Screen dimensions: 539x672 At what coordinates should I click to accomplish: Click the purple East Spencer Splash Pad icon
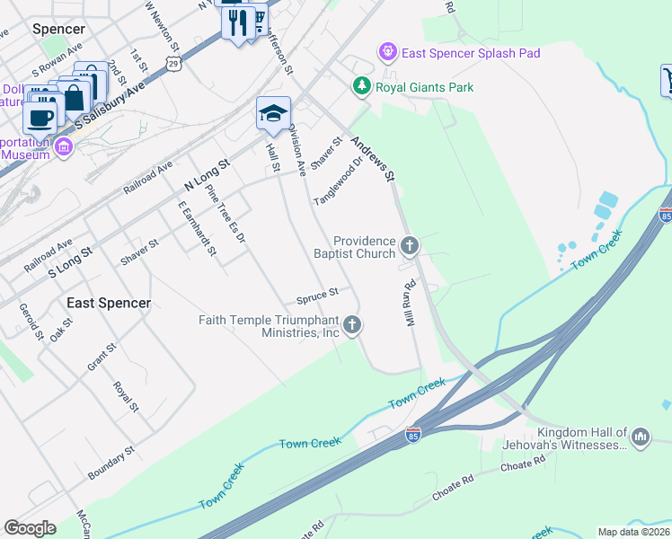tap(388, 53)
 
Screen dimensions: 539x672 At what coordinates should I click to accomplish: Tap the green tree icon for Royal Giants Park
tap(361, 87)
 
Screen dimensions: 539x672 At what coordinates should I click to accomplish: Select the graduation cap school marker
tap(273, 113)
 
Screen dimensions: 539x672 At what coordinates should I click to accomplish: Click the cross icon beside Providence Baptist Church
tap(410, 244)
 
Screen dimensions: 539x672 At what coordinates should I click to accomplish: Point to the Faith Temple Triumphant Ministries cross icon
tap(352, 324)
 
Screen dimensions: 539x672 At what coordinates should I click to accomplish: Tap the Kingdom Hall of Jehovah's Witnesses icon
tap(641, 437)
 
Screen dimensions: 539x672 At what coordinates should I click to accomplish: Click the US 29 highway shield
tap(173, 62)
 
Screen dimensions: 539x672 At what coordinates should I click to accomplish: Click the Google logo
tap(30, 528)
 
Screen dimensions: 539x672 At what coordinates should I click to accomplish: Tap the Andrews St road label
tap(374, 158)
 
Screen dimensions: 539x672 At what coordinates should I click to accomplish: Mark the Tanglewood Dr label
tap(337, 182)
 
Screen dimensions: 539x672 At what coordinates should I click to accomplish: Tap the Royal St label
tap(125, 395)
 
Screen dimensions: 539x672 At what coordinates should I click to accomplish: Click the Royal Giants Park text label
tap(425, 87)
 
